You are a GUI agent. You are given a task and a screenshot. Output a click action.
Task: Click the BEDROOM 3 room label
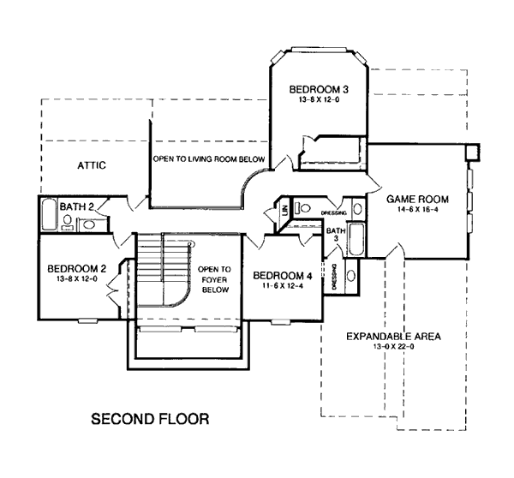[x=318, y=89]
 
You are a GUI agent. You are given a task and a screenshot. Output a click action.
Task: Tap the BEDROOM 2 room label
[x=76, y=266]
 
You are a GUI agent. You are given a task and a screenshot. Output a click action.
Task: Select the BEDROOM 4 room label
[x=283, y=275]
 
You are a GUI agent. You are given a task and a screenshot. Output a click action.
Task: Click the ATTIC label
[x=92, y=164]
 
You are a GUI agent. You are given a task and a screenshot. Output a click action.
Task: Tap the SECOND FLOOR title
[x=149, y=420]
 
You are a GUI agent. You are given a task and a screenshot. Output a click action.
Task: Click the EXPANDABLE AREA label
[x=393, y=337]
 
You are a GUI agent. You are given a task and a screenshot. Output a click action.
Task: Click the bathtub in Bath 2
[x=49, y=213]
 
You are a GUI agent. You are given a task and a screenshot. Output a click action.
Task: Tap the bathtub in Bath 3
[x=358, y=239]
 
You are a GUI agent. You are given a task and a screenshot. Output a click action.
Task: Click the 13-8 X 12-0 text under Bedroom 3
[x=318, y=100]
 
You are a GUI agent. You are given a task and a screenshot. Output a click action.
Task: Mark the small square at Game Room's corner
[x=470, y=151]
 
